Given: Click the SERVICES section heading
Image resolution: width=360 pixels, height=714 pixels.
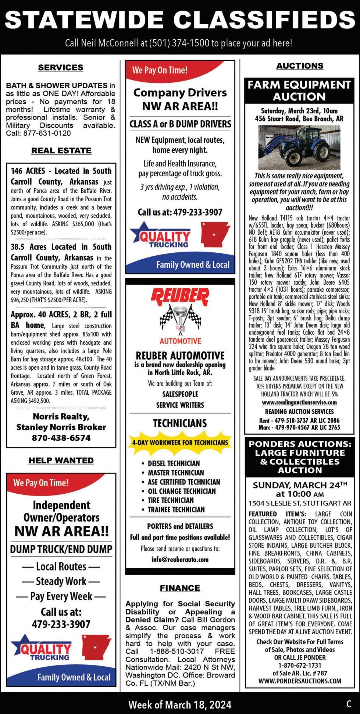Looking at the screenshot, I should tap(61, 68).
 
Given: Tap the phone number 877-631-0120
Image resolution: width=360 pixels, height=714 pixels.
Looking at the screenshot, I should tap(47, 133).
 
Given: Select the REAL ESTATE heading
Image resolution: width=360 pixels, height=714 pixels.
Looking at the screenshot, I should tap(61, 150).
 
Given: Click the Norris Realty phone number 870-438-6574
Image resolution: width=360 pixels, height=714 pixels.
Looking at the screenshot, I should tap(61, 438).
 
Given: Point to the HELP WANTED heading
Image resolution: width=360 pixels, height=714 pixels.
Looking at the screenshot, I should tap(61, 460).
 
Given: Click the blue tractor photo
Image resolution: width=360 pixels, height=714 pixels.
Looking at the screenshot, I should tap(299, 148).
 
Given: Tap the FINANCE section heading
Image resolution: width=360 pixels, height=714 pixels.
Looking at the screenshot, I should tap(180, 588).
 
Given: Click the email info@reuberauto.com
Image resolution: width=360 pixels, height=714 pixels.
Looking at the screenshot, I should tap(180, 560).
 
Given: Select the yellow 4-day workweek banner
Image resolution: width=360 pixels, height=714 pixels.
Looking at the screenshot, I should tap(180, 443).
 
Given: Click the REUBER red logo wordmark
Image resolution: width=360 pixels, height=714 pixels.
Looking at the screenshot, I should tap(180, 296).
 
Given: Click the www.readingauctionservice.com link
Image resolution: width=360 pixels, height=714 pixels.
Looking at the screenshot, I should tap(299, 402).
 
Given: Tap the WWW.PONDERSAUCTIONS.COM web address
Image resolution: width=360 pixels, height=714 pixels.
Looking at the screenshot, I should tap(300, 681).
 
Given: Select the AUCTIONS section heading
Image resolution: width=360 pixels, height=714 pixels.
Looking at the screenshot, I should tap(300, 66).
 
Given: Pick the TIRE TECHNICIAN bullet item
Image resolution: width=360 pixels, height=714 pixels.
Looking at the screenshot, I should tap(170, 500).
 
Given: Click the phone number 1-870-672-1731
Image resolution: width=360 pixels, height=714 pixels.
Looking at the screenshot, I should tap(300, 665).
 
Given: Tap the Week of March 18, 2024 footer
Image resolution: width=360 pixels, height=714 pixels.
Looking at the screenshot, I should tap(180, 704).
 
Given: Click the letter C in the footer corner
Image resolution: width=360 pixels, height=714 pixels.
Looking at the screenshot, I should tap(349, 704).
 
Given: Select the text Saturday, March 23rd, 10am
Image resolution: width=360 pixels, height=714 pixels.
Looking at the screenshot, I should tap(299, 111).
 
